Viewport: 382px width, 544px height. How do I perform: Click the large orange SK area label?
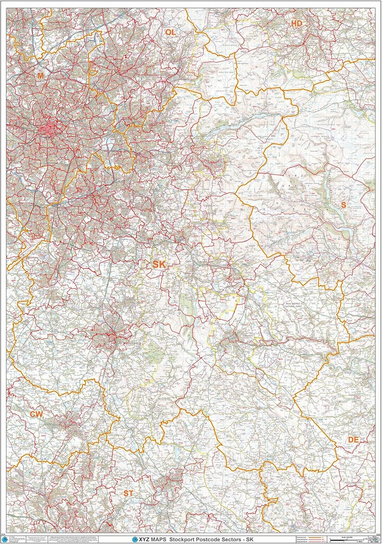(x=159, y=264)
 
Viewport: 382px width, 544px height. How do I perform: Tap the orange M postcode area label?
(x=40, y=75)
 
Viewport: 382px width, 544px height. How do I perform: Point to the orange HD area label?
(x=297, y=24)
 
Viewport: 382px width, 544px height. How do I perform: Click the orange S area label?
(x=343, y=205)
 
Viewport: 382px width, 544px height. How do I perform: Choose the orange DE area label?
(x=353, y=440)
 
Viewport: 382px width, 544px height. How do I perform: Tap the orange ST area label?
(x=128, y=493)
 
